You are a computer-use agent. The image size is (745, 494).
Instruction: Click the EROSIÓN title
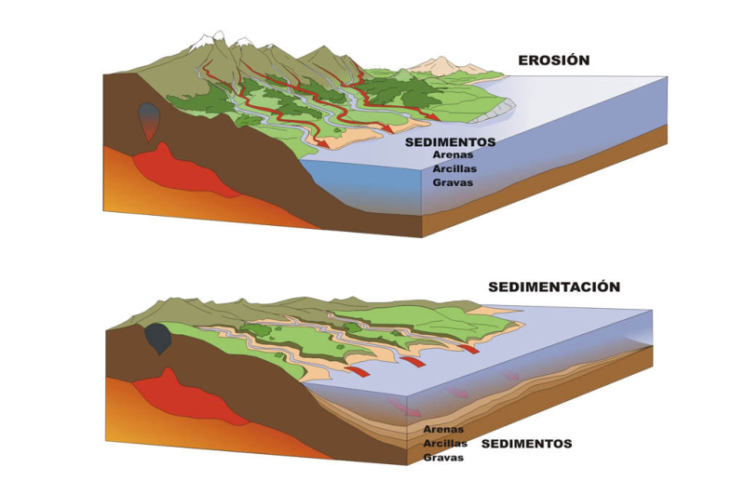pyautogui.click(x=554, y=60)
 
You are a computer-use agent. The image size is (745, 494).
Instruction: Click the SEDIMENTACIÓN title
pyautogui.click(x=553, y=287)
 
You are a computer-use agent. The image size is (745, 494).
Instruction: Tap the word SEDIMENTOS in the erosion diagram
pyautogui.click(x=451, y=142)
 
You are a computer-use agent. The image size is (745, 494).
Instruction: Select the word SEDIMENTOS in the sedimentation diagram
pyautogui.click(x=526, y=444)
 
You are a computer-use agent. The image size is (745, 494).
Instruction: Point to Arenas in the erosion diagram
pyautogui.click(x=453, y=155)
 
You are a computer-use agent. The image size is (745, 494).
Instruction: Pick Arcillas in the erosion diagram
pyautogui.click(x=454, y=168)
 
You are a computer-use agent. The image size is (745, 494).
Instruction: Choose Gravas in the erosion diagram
pyautogui.click(x=453, y=182)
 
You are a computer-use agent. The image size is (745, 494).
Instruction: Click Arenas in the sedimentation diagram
pyautogui.click(x=443, y=430)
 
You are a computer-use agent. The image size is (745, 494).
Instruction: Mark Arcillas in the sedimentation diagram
pyautogui.click(x=444, y=444)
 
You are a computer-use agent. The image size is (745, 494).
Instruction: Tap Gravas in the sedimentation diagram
pyautogui.click(x=443, y=458)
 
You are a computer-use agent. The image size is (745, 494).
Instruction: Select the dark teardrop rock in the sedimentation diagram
pyautogui.click(x=158, y=339)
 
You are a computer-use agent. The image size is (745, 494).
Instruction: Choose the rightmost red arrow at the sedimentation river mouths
pyautogui.click(x=469, y=350)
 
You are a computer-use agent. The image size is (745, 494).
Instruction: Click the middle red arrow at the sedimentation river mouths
pyautogui.click(x=413, y=361)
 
